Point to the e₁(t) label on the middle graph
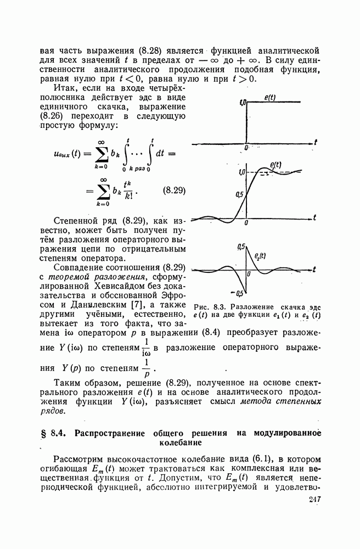(275, 164)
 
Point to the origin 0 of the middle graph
(246, 223)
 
